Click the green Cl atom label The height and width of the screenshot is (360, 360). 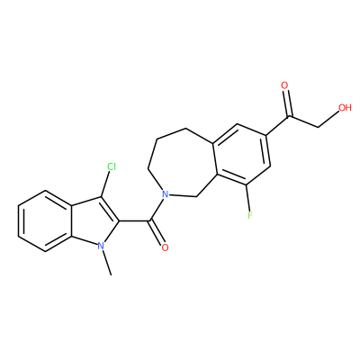[x=112, y=166]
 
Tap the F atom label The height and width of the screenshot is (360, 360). [x=250, y=215]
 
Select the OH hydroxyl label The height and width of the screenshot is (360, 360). [x=345, y=107]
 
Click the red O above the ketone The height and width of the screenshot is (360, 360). [x=284, y=85]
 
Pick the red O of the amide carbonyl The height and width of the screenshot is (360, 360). [x=165, y=247]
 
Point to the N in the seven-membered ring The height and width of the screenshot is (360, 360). [x=164, y=194]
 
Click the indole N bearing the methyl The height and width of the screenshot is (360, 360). [x=101, y=247]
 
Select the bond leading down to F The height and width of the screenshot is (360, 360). [x=248, y=197]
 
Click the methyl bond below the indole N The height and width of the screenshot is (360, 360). [x=107, y=263]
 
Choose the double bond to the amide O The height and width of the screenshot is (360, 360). [x=157, y=232]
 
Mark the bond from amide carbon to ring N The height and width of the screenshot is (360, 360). [x=157, y=210]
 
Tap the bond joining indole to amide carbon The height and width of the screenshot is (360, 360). [x=134, y=221]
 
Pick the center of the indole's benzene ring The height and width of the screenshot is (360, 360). [x=45, y=220]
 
